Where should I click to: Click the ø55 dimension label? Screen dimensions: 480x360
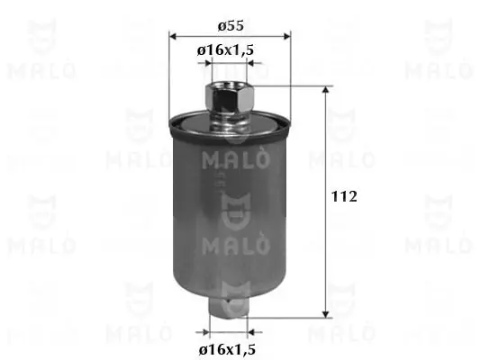click(231, 26)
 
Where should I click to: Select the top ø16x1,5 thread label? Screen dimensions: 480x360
click(226, 49)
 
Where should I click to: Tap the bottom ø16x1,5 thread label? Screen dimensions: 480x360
click(227, 349)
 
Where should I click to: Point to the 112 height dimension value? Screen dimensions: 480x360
click(344, 196)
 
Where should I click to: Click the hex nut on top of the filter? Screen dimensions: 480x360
click(230, 98)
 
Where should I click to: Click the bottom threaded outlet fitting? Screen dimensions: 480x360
click(229, 309)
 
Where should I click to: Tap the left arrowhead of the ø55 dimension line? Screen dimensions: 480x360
click(173, 37)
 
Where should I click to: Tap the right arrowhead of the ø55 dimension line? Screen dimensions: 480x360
click(286, 37)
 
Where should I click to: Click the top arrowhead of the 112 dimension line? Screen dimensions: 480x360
click(326, 90)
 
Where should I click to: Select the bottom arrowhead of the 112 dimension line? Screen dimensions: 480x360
click(326, 314)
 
